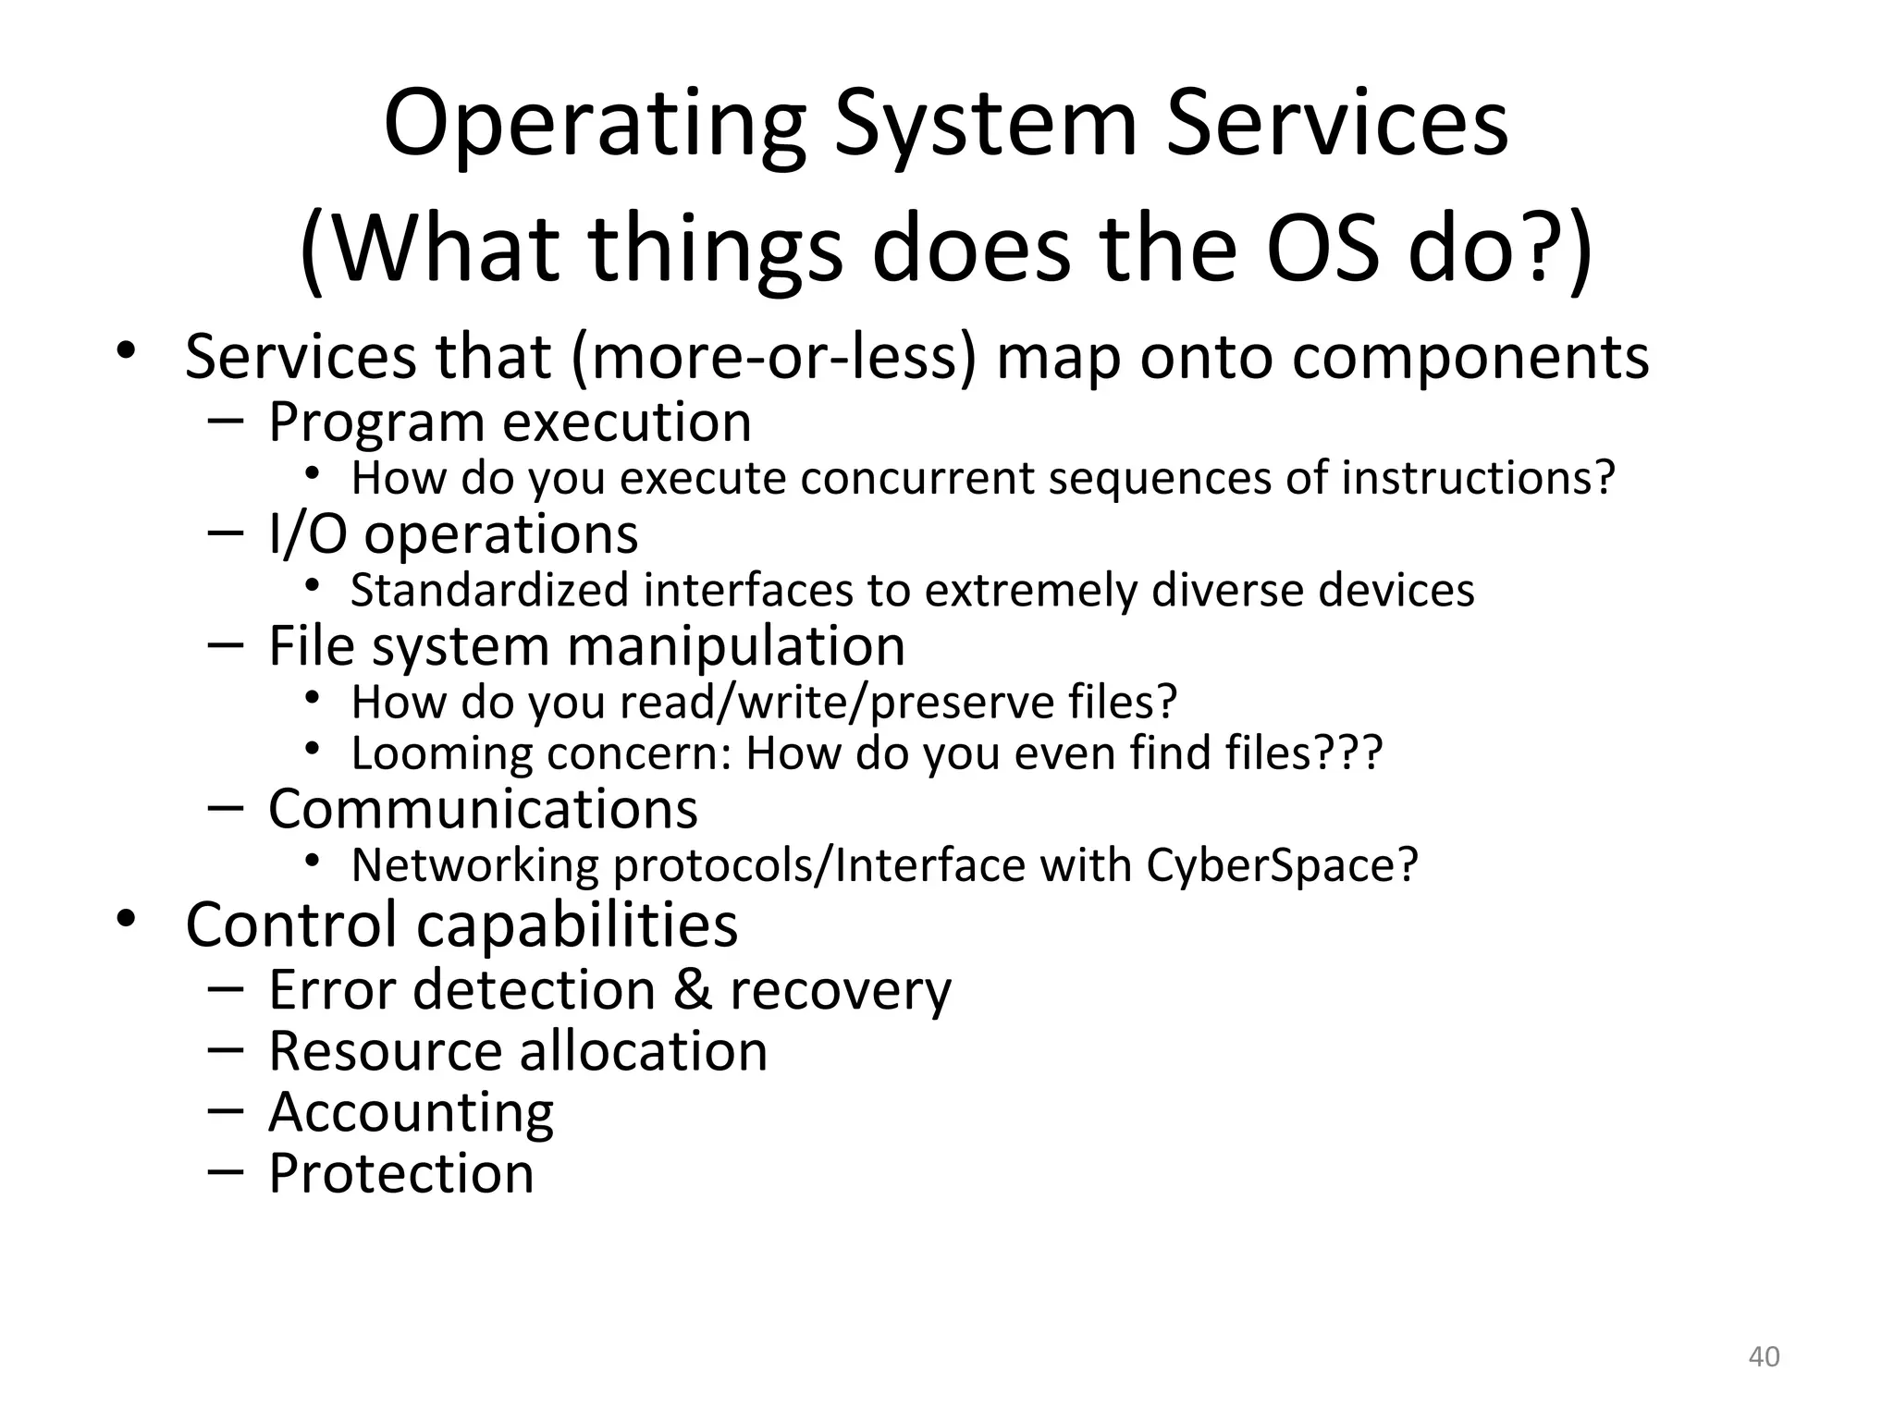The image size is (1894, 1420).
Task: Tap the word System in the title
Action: tap(985, 125)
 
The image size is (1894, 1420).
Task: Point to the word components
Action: tap(1470, 357)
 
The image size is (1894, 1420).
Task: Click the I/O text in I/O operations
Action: tap(307, 534)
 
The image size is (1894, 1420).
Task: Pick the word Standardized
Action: tap(489, 591)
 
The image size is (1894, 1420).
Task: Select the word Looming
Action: tap(442, 753)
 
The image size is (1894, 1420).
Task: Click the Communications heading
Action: tap(483, 810)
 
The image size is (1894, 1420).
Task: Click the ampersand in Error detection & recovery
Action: tap(692, 990)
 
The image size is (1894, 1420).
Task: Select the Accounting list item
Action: tap(411, 1112)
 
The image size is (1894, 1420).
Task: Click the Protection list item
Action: tap(401, 1173)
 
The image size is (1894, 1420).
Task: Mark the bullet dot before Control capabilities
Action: tap(126, 920)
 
